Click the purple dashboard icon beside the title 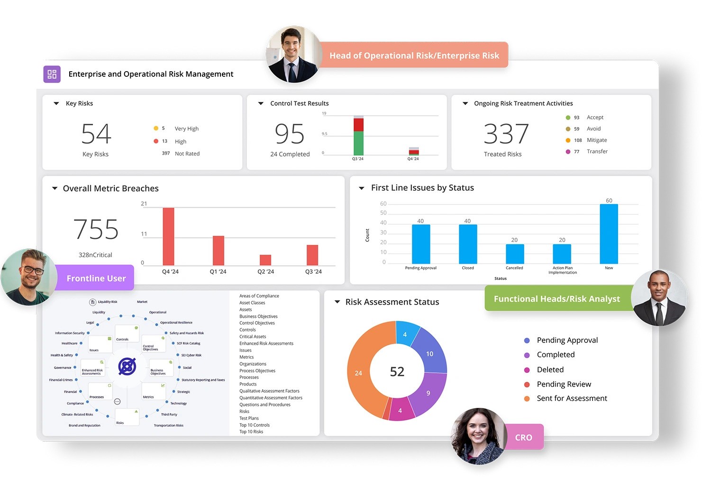52,74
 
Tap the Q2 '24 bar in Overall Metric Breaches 265,260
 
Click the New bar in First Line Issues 609,234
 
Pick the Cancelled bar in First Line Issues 514,254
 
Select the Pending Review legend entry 564,384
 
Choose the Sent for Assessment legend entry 572,398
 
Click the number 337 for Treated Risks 506,134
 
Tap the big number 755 96,230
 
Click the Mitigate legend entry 596,140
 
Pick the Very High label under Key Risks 186,129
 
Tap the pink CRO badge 523,437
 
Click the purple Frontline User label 96,278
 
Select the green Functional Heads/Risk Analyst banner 556,299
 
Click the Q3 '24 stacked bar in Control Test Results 358,137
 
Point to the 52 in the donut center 397,372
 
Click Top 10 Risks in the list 251,432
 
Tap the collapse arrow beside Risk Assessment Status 337,302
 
